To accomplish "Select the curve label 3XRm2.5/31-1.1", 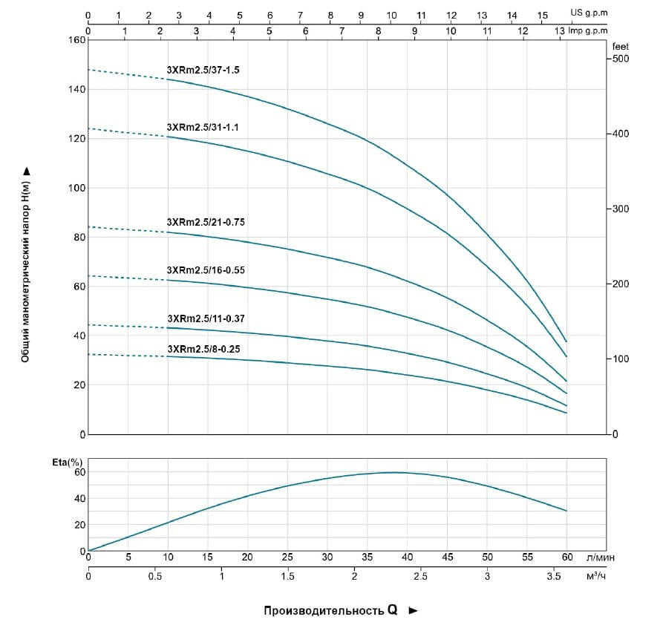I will [x=203, y=127].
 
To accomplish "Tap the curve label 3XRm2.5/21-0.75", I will [x=205, y=221].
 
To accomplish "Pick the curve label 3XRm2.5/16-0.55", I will [x=205, y=270].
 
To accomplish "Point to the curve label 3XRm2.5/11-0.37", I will [x=205, y=318].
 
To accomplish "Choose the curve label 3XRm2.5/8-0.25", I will [x=203, y=348].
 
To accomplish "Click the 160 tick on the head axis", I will [x=76, y=40].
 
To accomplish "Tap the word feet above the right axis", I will [x=620, y=46].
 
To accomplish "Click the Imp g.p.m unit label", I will [x=587, y=30].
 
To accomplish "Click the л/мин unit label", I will [x=600, y=556].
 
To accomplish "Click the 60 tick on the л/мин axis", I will [x=566, y=556].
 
